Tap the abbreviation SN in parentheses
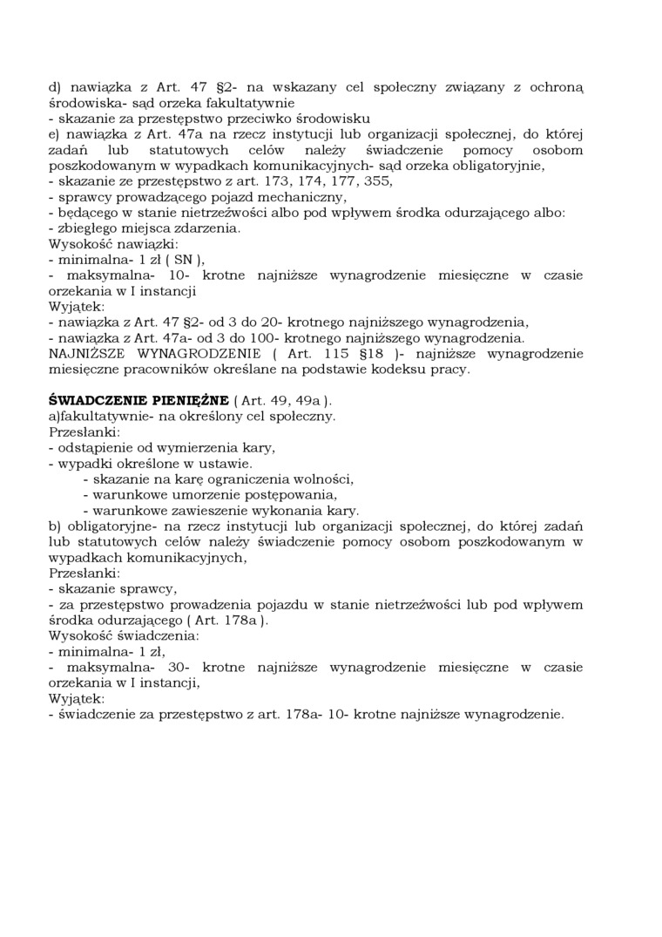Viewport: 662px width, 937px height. [x=184, y=260]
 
